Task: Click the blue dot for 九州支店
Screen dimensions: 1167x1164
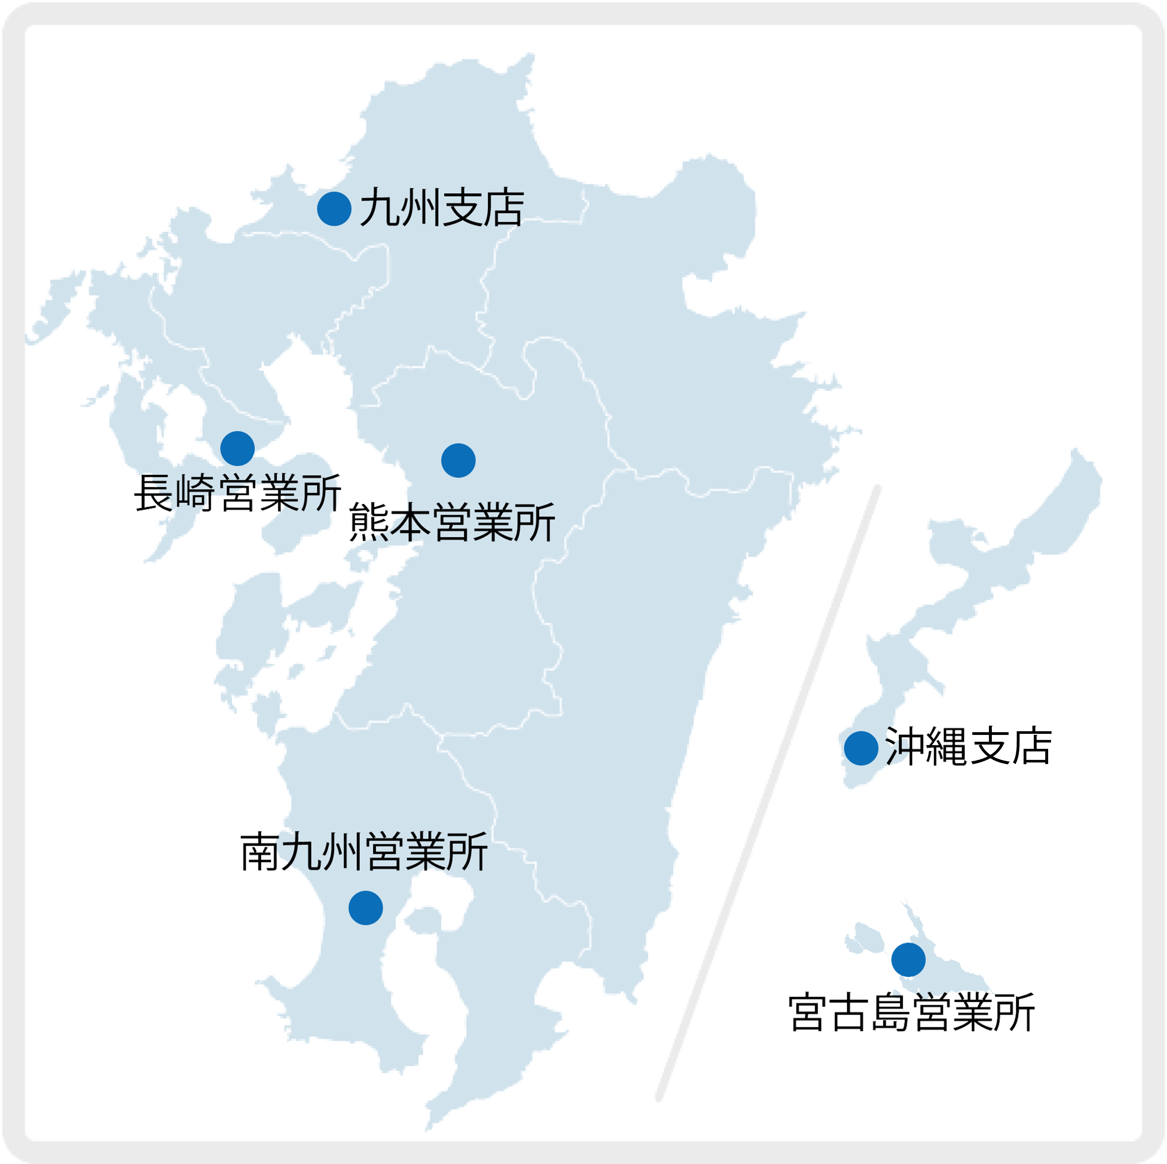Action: (x=334, y=209)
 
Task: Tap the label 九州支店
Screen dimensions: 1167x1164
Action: (x=442, y=208)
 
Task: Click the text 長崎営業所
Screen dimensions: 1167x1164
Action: (x=237, y=493)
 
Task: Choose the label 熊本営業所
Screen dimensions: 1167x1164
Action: (x=452, y=522)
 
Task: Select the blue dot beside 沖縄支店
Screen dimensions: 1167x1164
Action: (x=861, y=748)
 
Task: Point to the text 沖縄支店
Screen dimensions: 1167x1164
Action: (x=968, y=747)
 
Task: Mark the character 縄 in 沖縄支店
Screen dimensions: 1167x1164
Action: (x=947, y=747)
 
